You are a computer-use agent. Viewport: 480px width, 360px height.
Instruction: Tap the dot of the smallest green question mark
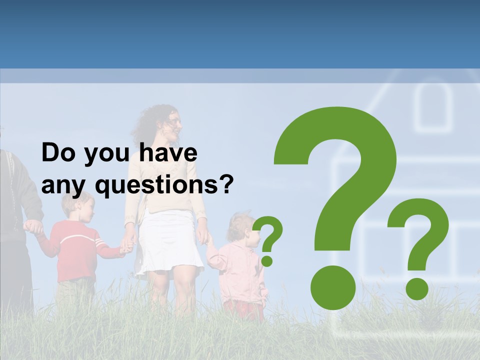tap(267, 260)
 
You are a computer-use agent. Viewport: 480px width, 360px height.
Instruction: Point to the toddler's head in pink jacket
tap(241, 227)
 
